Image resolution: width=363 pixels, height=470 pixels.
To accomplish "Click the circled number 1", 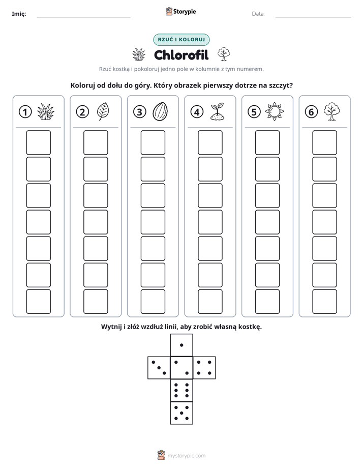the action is pos(25,112).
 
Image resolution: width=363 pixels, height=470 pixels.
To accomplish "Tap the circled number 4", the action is pos(197,112).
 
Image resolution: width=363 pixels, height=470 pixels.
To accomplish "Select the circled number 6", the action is pos(311,112).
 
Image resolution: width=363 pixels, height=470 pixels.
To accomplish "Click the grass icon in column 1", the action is pos(46,112).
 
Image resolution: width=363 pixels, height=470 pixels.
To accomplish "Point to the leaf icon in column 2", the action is pos(103,111).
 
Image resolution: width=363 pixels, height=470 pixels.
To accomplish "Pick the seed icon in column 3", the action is pos(160,111).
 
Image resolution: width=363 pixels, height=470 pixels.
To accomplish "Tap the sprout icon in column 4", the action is pos(218,112).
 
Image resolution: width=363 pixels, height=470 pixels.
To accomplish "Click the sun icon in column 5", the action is pos(275,112).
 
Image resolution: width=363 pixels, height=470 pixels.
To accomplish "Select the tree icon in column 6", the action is pos(331,111).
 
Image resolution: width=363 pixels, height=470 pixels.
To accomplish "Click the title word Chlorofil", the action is pos(181,55).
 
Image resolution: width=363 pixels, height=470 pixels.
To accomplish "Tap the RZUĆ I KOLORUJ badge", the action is pos(181,40).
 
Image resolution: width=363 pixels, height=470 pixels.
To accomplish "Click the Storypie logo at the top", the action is pos(180,11).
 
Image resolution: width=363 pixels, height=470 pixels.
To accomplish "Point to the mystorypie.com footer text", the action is pos(186,456).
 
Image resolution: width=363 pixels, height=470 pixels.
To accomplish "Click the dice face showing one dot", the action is pos(181,345).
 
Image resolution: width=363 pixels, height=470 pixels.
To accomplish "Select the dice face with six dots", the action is pos(181,390).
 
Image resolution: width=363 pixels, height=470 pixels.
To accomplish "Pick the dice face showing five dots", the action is pos(181,413).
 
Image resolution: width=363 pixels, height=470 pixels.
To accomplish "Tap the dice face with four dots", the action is pos(204,367).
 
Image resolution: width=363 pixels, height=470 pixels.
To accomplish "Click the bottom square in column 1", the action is pos(38,302).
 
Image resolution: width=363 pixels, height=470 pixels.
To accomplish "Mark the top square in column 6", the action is pos(325,142).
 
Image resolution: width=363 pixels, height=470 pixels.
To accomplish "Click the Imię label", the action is pos(19,14).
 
